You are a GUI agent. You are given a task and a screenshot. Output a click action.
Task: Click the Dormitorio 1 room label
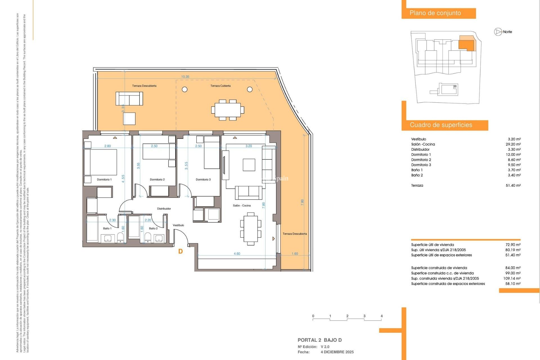click(104, 179)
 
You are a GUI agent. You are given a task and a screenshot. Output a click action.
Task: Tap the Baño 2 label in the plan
click(153, 228)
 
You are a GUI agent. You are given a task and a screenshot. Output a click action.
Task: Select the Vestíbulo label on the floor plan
click(178, 225)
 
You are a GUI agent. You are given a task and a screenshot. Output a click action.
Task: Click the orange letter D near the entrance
click(181, 251)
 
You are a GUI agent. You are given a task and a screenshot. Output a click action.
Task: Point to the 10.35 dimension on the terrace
click(185, 77)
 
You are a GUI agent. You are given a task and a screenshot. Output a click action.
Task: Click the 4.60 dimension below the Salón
click(237, 254)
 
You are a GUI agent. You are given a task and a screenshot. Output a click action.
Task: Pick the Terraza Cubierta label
click(220, 86)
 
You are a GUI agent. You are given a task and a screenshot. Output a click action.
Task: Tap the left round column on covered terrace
click(184, 89)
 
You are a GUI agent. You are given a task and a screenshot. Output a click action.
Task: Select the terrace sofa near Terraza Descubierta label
click(129, 99)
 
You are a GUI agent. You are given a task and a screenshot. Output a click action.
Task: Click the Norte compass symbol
click(498, 32)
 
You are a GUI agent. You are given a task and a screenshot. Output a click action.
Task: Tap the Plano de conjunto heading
click(435, 13)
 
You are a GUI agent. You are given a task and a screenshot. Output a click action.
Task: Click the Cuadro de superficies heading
click(441, 125)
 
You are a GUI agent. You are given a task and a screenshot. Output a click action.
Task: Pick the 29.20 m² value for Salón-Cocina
click(513, 144)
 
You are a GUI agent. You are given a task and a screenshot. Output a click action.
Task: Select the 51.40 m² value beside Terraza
click(513, 185)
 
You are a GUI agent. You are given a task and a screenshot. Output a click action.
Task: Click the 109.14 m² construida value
click(512, 278)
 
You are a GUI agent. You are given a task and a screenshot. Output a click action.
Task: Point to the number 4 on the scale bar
click(381, 316)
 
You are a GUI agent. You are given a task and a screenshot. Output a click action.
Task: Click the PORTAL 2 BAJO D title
click(319, 340)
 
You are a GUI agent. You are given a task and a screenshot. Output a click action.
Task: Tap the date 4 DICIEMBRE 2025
click(337, 352)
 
